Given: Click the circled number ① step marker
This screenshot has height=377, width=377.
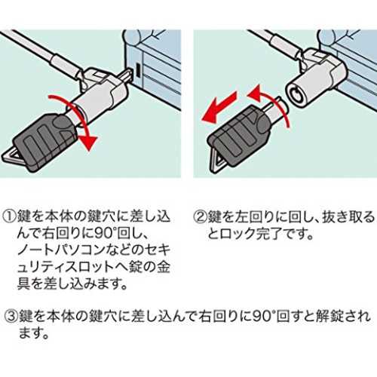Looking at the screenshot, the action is (10, 216).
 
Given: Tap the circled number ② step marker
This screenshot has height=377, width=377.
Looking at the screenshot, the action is (201, 216).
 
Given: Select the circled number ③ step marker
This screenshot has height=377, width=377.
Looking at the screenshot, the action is (12, 315).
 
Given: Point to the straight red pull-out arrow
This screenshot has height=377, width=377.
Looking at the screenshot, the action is (219, 107).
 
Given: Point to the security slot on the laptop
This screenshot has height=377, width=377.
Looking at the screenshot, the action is (138, 69).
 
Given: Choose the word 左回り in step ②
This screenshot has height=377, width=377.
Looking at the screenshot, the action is (254, 216).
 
